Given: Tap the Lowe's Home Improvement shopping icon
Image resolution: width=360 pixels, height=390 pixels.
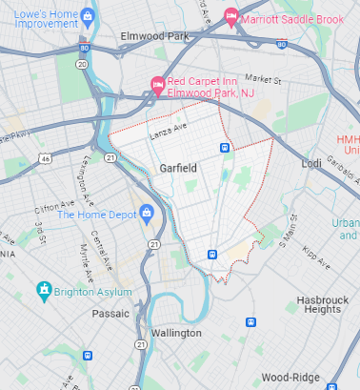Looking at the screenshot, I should pos(88,15).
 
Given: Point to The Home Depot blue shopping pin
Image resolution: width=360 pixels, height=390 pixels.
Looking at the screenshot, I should pos(148,214).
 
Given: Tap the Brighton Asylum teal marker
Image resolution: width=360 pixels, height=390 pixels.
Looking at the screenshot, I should pos(43,289).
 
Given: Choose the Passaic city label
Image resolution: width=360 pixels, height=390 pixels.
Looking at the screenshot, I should pos(110,313).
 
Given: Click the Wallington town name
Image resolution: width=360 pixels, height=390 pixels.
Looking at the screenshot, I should pos(176,333).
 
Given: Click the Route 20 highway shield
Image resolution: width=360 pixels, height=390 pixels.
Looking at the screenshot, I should pos(82,64).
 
